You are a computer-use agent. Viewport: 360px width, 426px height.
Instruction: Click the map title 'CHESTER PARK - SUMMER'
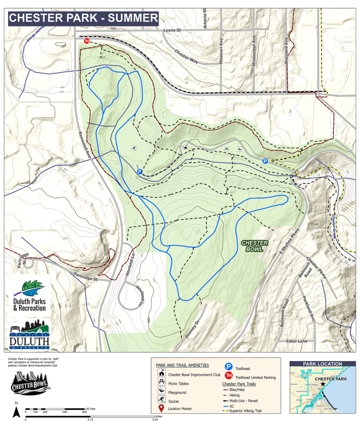point(84,18)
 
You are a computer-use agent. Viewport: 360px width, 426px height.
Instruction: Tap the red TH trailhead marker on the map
point(87,41)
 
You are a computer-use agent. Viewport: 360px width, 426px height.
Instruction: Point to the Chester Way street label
point(186,57)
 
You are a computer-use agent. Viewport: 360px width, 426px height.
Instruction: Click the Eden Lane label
point(297,341)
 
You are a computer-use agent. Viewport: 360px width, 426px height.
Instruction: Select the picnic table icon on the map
point(227,149)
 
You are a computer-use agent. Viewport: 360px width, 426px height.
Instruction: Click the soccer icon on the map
point(134,148)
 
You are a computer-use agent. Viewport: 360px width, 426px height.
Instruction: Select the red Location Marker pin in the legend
point(161,409)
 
